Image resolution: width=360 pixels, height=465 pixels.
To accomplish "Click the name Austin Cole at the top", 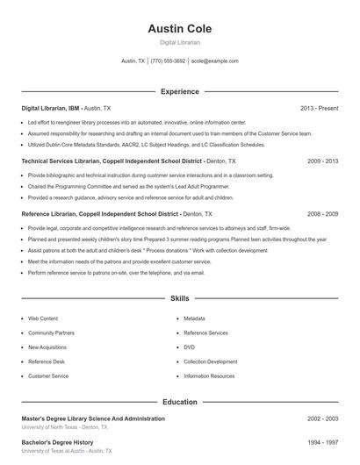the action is coord(179,29).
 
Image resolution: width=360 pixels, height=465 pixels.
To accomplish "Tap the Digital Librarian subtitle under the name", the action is coord(179,43).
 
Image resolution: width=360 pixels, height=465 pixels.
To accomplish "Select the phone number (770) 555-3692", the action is coord(168,61).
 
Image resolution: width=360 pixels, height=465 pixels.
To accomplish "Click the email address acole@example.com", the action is coord(214,61).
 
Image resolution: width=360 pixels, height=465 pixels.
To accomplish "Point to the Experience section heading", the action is coord(179,91).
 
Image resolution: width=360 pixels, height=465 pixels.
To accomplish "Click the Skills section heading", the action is coord(179,299).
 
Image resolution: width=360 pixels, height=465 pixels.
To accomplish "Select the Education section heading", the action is coord(179,402).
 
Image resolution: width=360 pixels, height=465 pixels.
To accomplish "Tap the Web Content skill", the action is coord(43,318).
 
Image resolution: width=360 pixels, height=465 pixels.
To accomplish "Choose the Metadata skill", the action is coord(194,318).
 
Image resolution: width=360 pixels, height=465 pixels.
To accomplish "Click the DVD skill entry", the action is coord(190,347).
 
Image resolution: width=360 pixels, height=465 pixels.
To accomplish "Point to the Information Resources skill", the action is coord(209,376).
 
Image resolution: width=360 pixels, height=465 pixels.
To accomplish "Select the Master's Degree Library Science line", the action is coord(92,419).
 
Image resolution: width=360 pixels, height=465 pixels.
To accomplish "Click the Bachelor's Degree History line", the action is coord(57,442).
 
